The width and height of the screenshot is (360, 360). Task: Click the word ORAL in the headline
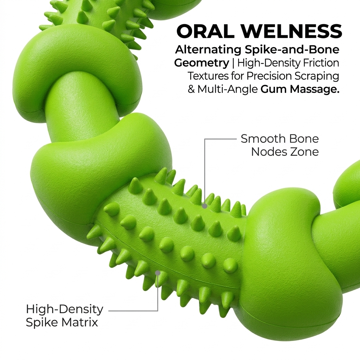tap(205, 31)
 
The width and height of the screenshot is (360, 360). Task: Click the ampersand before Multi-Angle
tap(192, 89)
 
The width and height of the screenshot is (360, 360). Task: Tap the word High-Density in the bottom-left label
tap(65, 309)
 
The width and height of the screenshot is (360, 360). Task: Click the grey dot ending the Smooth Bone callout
tap(205, 206)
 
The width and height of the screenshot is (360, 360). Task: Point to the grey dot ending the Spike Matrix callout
tap(158, 273)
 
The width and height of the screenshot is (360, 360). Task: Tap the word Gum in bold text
tap(274, 89)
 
